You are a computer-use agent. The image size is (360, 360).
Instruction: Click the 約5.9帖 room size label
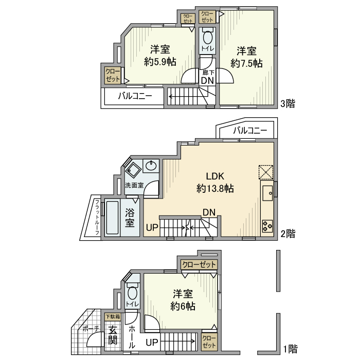point(160,62)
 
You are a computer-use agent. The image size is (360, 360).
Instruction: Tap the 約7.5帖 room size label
point(246,63)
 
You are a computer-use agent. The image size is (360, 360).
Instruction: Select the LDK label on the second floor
point(215,175)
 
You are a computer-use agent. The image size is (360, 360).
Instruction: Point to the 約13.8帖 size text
point(215,188)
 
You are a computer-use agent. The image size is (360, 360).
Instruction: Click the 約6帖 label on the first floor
point(183,306)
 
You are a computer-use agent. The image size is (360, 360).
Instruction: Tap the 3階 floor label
point(287,103)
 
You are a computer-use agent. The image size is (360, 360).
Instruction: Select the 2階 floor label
point(288,233)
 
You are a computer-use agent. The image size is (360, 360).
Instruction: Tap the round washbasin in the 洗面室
point(151,166)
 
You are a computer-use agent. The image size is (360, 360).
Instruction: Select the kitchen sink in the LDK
point(268,193)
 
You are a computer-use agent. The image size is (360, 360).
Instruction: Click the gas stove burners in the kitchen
point(267,225)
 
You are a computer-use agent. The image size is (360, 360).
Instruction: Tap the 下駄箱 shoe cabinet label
point(113,317)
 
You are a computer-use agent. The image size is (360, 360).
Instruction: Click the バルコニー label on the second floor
point(250,131)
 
